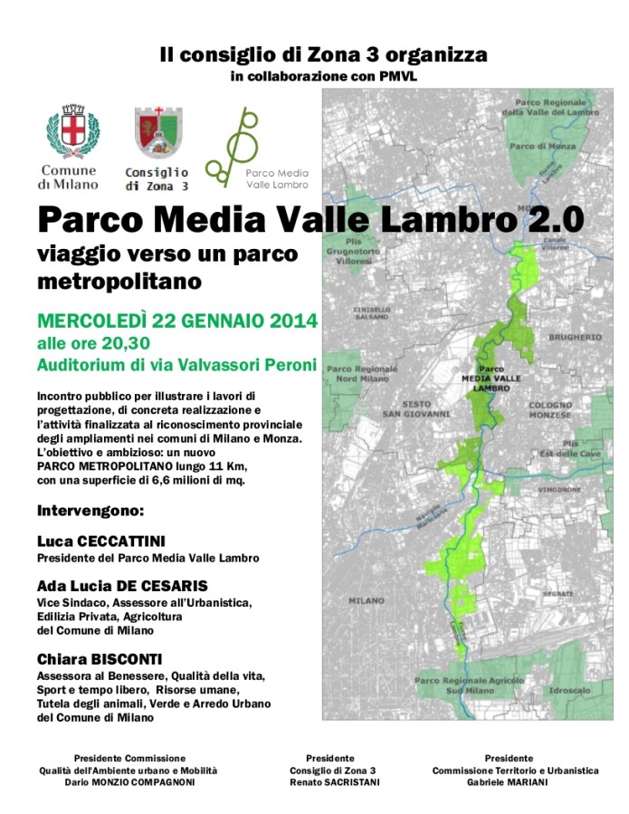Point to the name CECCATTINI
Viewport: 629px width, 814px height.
tap(123, 541)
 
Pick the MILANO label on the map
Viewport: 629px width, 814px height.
tap(366, 599)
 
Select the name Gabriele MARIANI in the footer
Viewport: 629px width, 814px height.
tap(515, 782)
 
